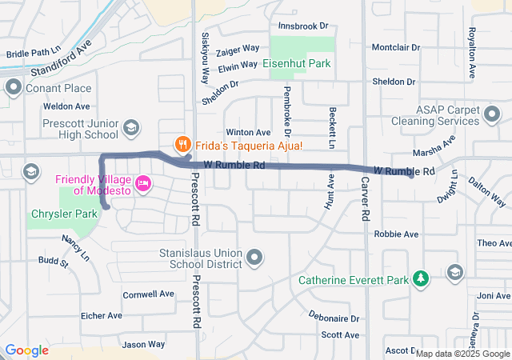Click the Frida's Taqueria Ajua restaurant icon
[x=182, y=145]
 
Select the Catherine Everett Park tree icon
[x=420, y=279]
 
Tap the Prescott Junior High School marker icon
[x=130, y=128]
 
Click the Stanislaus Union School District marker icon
[x=254, y=257]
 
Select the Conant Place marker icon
[x=14, y=87]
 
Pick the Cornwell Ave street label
[x=149, y=294]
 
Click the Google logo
[x=26, y=350]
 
